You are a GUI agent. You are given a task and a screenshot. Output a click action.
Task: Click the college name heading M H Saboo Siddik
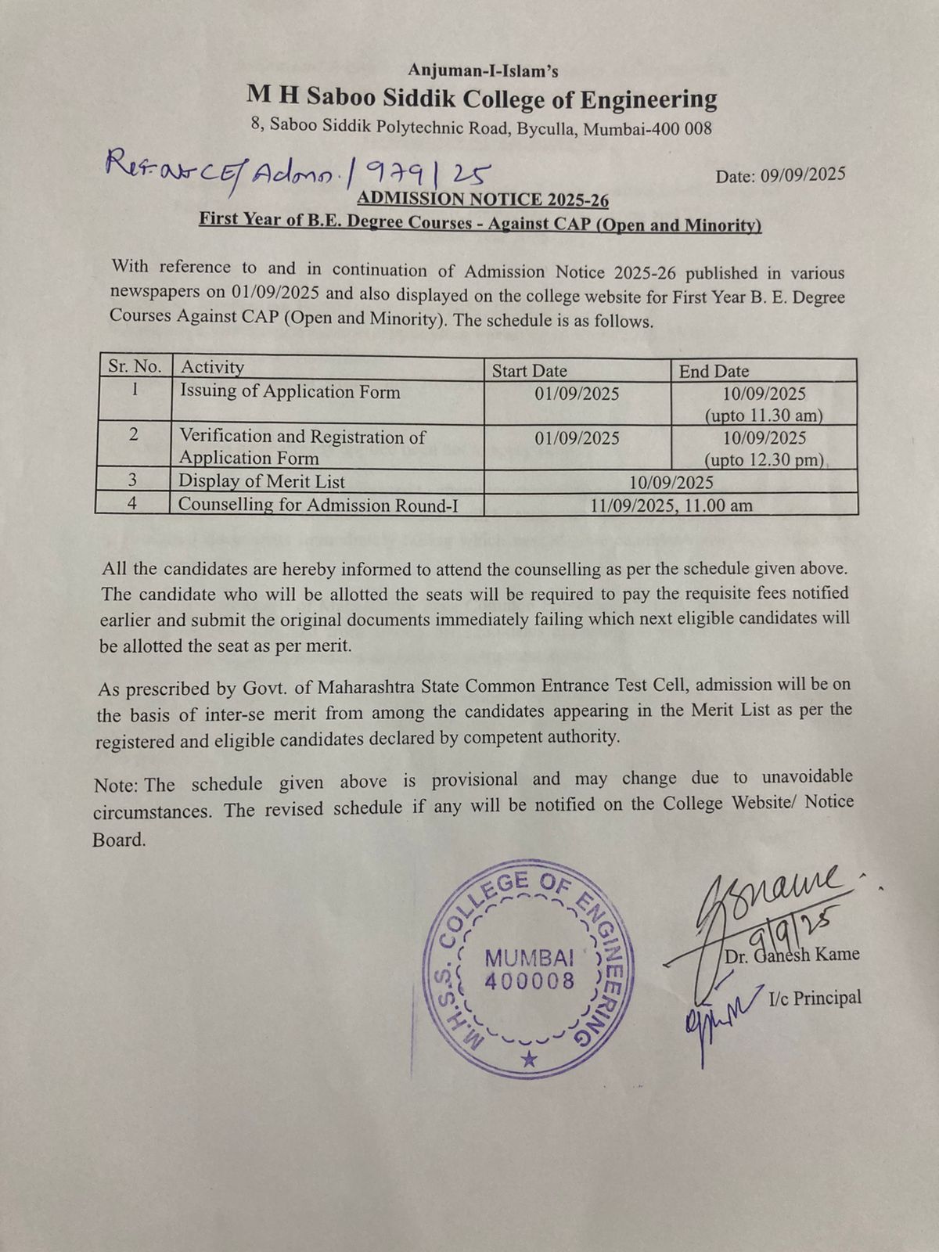[481, 99]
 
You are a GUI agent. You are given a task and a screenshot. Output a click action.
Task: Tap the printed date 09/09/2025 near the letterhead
[780, 175]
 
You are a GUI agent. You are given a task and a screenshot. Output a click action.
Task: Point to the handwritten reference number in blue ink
[297, 167]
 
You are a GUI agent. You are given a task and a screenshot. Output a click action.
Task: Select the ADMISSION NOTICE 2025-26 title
[483, 200]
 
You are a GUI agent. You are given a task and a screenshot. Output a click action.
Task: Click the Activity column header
[212, 367]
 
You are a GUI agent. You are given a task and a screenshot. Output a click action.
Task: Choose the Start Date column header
[529, 371]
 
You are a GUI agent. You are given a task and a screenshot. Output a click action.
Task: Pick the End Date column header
[714, 372]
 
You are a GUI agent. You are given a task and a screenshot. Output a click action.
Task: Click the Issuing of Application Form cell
[290, 391]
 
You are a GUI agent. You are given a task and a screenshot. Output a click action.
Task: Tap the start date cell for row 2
[577, 438]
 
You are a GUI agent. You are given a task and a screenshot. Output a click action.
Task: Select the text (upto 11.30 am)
[765, 415]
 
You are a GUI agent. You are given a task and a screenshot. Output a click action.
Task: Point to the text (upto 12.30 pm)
[765, 459]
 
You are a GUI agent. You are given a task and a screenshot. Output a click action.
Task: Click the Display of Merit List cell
[261, 481]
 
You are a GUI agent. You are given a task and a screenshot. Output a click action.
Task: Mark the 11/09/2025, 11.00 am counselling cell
[671, 505]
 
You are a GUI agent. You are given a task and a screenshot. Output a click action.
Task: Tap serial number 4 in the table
[132, 504]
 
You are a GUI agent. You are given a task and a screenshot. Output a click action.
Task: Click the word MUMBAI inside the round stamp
[531, 958]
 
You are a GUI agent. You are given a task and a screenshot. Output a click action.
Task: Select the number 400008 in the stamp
[530, 981]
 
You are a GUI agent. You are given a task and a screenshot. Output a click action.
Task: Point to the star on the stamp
[530, 1060]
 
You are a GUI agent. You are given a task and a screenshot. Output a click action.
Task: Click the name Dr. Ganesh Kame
[792, 955]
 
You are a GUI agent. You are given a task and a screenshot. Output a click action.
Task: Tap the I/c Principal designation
[815, 998]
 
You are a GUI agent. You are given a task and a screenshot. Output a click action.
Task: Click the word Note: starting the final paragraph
[117, 785]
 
